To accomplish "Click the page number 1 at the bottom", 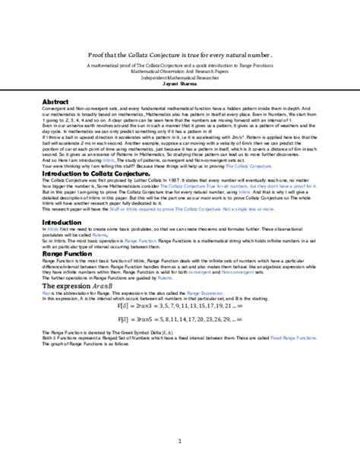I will click(179, 440).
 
